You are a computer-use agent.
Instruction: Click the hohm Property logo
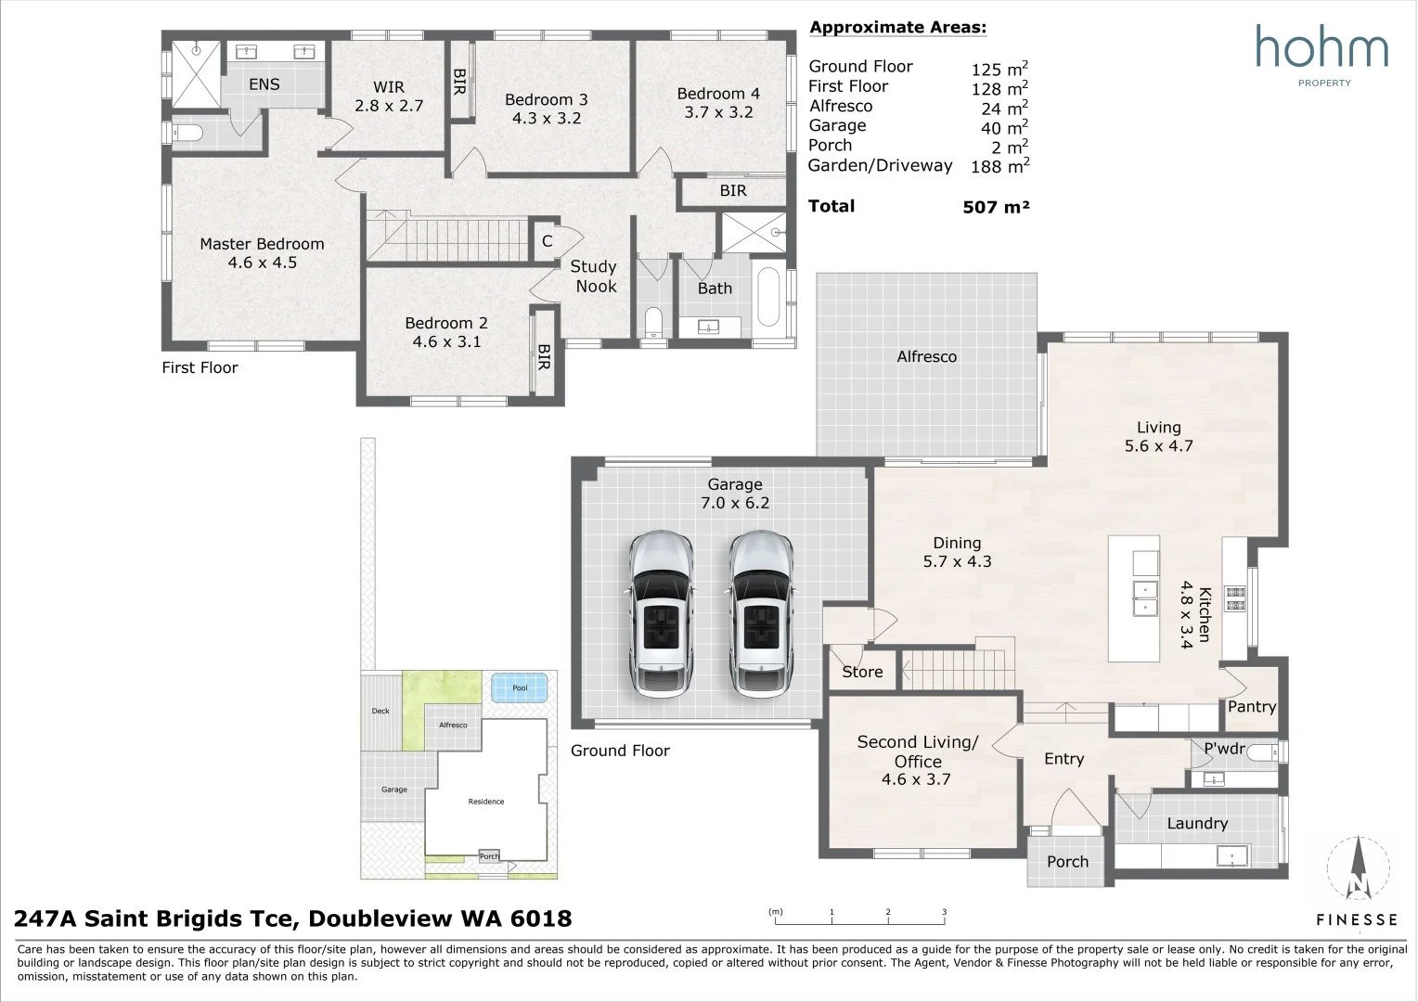click(1321, 56)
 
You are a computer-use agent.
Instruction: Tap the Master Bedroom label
click(262, 244)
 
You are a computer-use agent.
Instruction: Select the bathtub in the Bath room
click(768, 297)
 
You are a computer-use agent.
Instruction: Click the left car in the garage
click(660, 614)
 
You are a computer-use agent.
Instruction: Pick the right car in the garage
click(760, 614)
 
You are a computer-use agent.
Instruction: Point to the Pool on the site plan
click(520, 687)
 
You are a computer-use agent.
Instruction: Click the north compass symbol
click(1359, 868)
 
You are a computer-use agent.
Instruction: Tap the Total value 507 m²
click(996, 207)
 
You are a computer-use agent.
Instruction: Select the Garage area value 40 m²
click(1004, 127)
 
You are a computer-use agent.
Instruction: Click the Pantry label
click(1252, 707)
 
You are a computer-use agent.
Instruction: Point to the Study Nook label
click(594, 276)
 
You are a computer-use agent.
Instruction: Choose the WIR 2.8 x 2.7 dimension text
click(389, 106)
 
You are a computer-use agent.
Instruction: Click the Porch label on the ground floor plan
click(1067, 862)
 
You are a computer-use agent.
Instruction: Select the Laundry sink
click(1231, 856)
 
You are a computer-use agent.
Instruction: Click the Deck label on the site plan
click(380, 711)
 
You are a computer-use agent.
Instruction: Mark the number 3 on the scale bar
click(944, 912)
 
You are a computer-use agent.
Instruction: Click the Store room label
click(862, 672)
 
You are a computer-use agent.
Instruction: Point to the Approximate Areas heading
click(897, 27)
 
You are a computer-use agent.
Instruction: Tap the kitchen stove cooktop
click(1236, 598)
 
